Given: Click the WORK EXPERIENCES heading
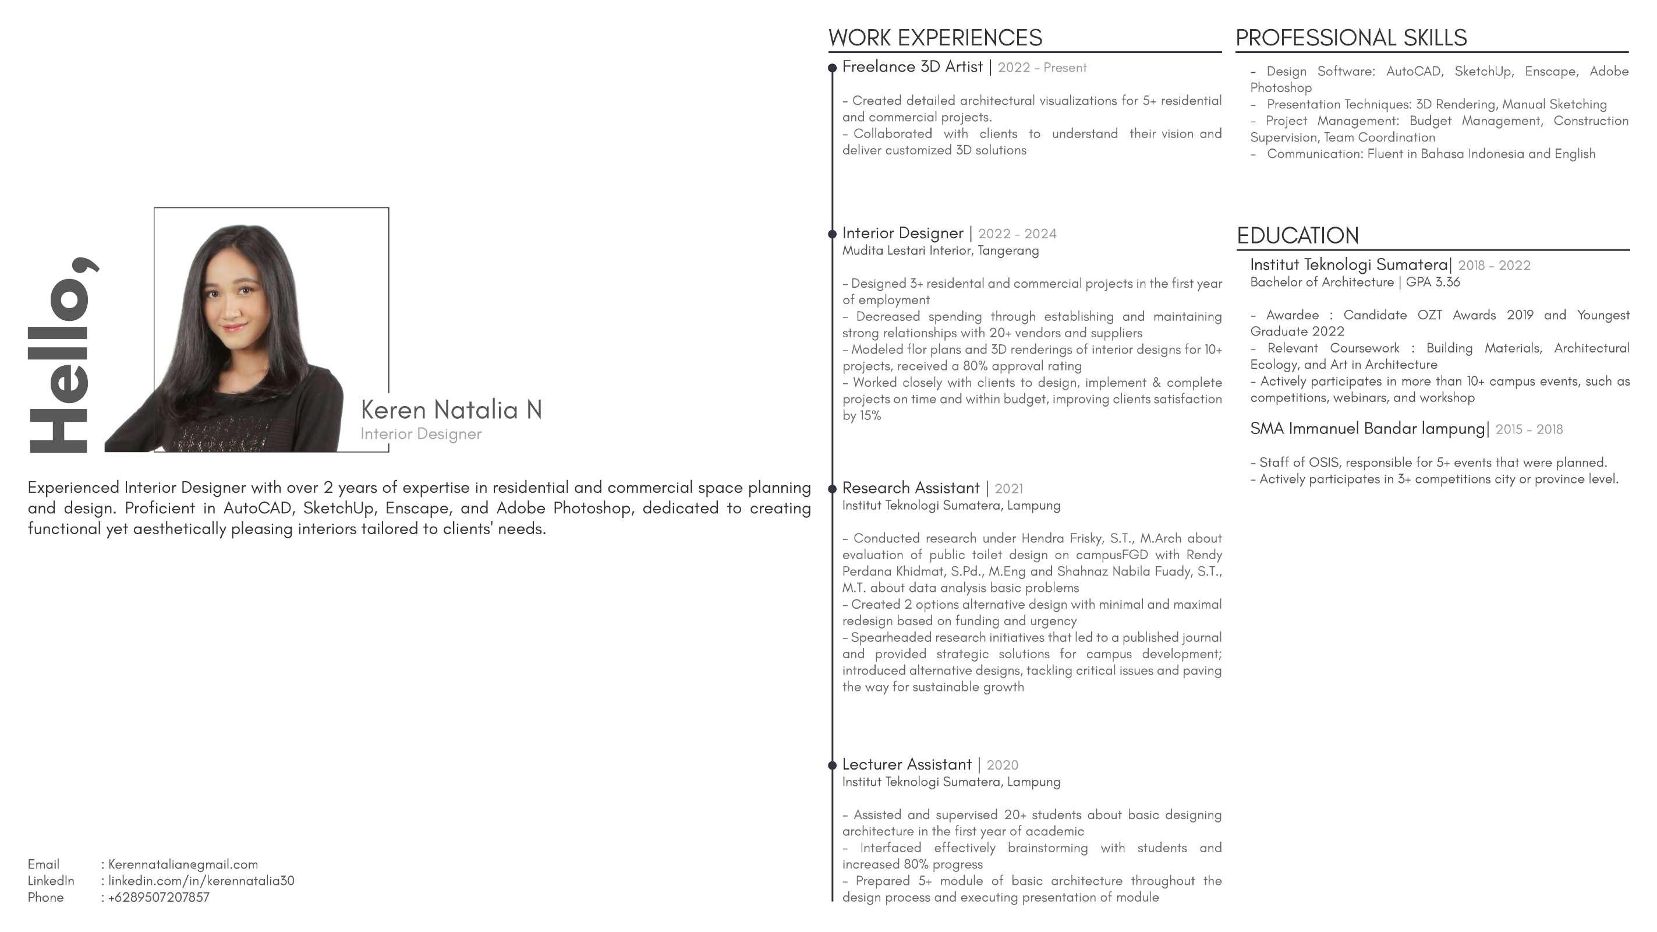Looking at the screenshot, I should [x=934, y=38].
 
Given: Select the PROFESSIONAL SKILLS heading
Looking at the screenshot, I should [x=1351, y=38].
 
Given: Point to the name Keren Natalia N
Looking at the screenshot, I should [x=451, y=410].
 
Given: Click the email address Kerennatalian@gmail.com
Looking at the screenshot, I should [x=183, y=864].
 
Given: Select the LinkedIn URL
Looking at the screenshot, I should [x=201, y=881].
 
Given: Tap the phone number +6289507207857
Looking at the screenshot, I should [x=158, y=897].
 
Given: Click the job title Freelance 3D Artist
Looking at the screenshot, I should [x=912, y=67].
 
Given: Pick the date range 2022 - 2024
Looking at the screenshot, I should [x=1017, y=234].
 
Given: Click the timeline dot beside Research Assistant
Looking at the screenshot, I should [x=832, y=489].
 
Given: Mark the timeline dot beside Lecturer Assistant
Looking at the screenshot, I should [x=832, y=765].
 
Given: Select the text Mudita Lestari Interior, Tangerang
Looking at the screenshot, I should [x=940, y=250].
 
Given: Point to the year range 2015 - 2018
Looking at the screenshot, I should [x=1528, y=429].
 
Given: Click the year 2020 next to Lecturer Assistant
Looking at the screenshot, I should [x=1002, y=765].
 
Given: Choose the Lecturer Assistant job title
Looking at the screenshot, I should [x=907, y=765].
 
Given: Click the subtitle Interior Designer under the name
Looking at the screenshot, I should [x=421, y=434].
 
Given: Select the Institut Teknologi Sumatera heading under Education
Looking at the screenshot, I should [x=1348, y=264].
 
